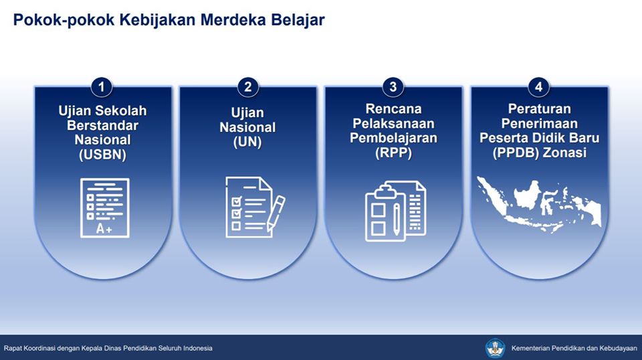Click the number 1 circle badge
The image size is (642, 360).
tap(102, 87)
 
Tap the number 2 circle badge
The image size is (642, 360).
tap(247, 87)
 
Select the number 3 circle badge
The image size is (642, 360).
tap(393, 87)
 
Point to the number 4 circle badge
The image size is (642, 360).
tap(538, 87)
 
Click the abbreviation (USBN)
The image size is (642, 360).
tap(103, 155)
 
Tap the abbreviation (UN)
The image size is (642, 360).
tap(247, 142)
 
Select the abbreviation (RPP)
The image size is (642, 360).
tap(393, 153)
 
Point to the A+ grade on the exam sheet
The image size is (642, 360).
tap(104, 229)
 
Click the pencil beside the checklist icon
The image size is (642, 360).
tap(276, 213)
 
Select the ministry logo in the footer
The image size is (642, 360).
tap(495, 348)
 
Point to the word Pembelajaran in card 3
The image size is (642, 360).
tap(393, 138)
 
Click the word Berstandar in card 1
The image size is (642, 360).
tap(103, 125)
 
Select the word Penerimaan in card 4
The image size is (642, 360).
tap(539, 123)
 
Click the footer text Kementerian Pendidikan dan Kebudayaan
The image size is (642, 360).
tap(574, 349)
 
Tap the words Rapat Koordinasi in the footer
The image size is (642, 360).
tap(29, 349)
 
